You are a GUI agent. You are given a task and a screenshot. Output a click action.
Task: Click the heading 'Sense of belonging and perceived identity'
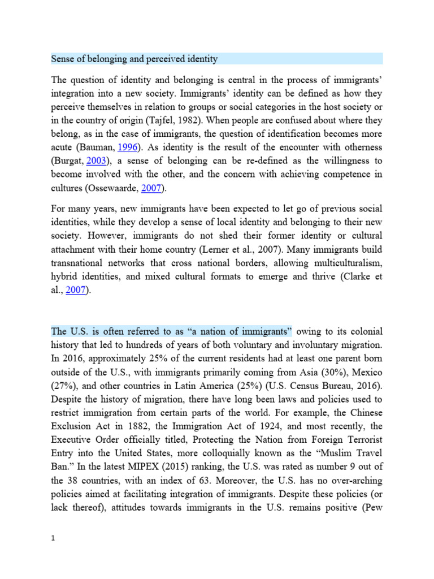point(134,59)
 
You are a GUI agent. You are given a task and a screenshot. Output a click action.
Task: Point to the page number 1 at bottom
point(53,555)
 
